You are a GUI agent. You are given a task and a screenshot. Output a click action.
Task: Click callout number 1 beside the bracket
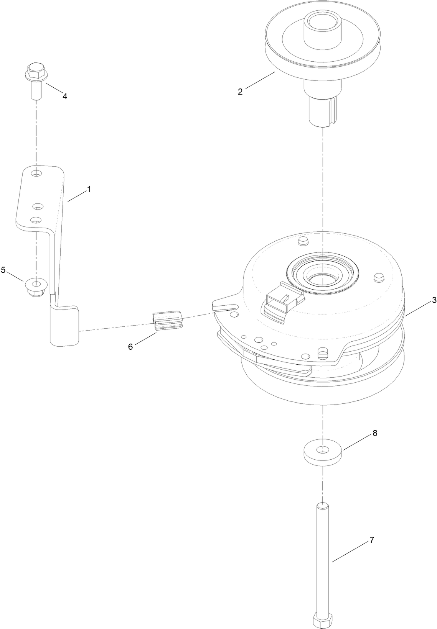(89, 189)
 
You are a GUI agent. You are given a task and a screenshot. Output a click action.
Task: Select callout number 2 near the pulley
(240, 92)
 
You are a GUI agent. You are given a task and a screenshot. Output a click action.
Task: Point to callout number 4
(65, 97)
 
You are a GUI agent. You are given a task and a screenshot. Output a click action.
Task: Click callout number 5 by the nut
(3, 270)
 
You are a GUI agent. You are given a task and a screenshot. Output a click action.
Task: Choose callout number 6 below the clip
(130, 346)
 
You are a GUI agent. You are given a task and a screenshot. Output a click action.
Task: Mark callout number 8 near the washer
(375, 433)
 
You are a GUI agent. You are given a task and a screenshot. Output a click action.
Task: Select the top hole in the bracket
(36, 174)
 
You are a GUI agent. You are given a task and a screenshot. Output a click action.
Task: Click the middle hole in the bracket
(37, 206)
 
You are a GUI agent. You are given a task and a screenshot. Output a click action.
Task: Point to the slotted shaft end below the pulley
(323, 111)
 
